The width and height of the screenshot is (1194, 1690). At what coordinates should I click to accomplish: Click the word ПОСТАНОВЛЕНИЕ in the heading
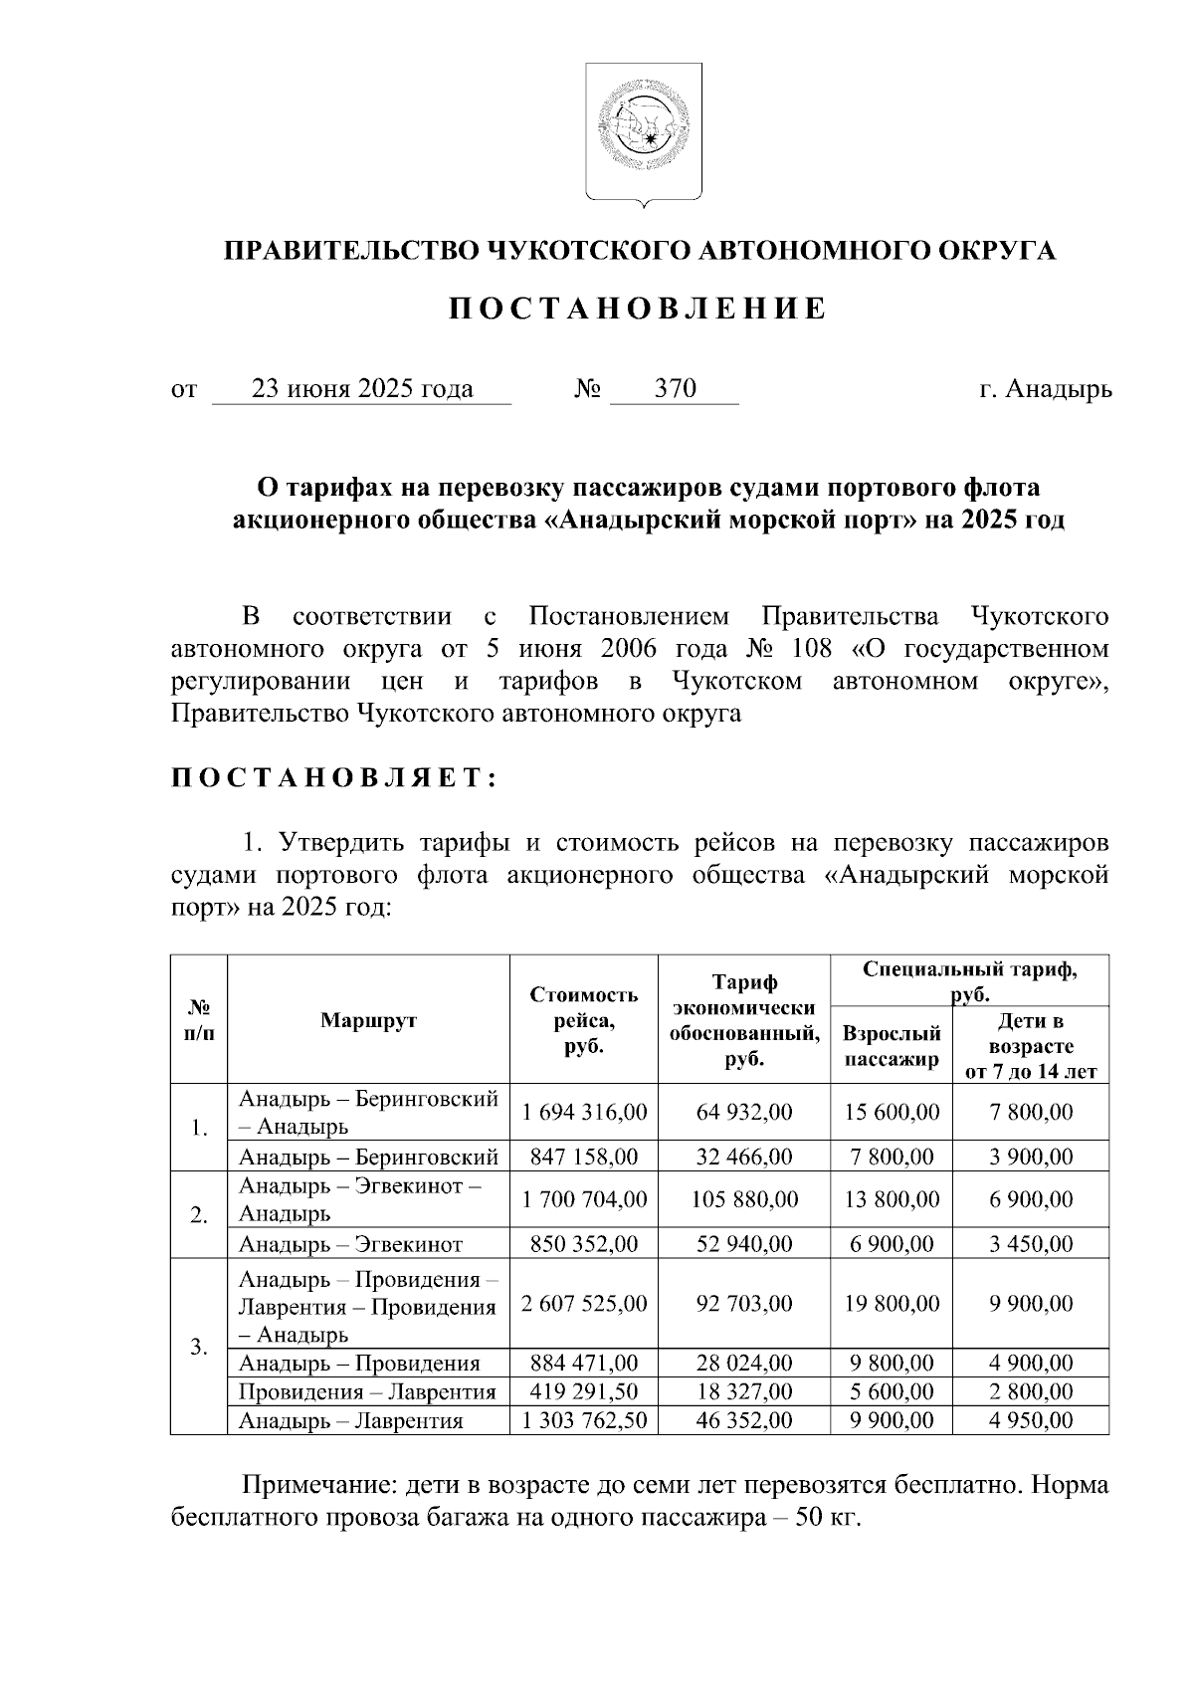coord(637,310)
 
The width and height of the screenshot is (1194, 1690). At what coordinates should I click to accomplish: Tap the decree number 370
coord(675,389)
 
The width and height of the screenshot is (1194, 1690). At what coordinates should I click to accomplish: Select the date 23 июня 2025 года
coord(362,389)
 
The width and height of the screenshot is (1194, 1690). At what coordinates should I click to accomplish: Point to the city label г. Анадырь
coord(1045,389)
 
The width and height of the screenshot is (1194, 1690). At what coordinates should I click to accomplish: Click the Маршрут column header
coord(368,1020)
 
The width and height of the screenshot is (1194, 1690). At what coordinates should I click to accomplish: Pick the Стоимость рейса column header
coord(583,1020)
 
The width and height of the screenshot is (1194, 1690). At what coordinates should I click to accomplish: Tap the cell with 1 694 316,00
coord(584,1112)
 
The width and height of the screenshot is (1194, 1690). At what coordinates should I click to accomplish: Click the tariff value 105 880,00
coord(744,1199)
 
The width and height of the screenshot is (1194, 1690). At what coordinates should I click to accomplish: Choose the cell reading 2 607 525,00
coord(584,1303)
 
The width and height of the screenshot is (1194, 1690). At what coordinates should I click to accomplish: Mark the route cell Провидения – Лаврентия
coord(367,1391)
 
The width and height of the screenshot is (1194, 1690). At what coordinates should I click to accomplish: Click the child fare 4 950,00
coord(1031,1420)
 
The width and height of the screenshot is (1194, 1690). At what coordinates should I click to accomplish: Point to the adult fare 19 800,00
coord(892,1303)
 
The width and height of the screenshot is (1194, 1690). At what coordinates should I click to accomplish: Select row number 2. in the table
coord(199,1215)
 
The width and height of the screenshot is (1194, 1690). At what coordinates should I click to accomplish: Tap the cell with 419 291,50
coord(584,1391)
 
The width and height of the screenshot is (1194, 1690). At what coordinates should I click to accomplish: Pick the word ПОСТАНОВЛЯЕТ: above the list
coord(334,778)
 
